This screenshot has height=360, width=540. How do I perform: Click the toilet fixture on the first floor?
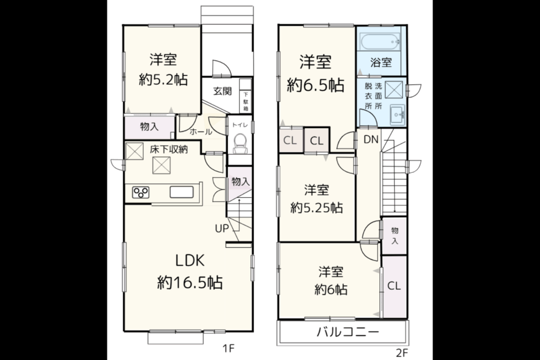[240, 143]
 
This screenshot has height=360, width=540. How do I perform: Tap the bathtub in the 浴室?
[380, 42]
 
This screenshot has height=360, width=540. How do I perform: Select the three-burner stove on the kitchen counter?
[141, 192]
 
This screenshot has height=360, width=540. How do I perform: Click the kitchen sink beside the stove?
[181, 192]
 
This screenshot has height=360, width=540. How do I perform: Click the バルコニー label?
[348, 332]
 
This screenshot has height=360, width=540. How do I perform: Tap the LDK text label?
[190, 260]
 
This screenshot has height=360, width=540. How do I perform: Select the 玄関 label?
[222, 91]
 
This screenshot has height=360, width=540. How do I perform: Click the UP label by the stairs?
[222, 228]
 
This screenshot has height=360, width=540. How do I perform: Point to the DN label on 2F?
[371, 139]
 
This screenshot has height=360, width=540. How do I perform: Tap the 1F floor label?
[228, 348]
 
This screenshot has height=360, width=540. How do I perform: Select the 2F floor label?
[401, 353]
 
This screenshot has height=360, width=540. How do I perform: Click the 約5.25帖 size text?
[316, 208]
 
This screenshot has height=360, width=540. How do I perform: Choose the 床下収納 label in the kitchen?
[169, 150]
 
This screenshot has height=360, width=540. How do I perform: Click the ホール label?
[201, 131]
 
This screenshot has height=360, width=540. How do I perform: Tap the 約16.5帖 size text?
[190, 283]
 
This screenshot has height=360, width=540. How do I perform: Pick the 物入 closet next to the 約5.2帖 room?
[149, 127]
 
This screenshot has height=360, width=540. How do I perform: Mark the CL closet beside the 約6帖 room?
[394, 286]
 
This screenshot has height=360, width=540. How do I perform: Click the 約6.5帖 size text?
[315, 85]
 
